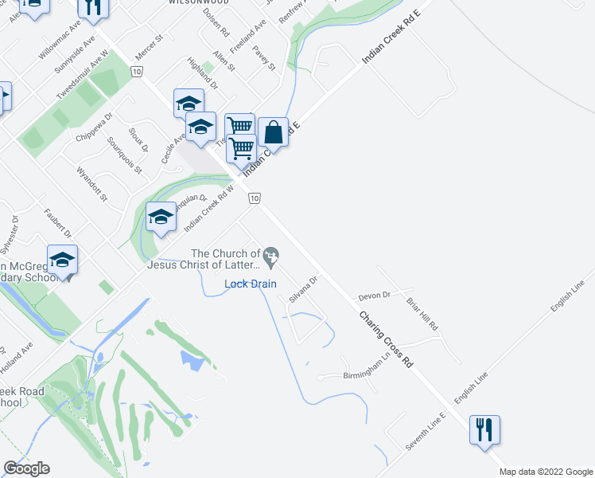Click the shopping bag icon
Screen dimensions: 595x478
(x=273, y=132)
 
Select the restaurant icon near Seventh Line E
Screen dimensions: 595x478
(x=484, y=430)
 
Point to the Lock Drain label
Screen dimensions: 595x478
(x=251, y=284)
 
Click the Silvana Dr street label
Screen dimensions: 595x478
(x=303, y=289)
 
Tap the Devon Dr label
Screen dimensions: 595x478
(x=374, y=296)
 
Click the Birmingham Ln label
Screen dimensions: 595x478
(x=369, y=375)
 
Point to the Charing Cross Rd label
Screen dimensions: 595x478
(x=387, y=339)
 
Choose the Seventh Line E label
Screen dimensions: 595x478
(x=426, y=433)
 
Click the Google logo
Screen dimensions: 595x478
(x=25, y=468)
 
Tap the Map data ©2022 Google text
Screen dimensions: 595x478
(x=546, y=472)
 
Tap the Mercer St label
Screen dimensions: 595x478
(x=149, y=49)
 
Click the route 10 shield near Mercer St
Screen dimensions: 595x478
(x=138, y=72)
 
